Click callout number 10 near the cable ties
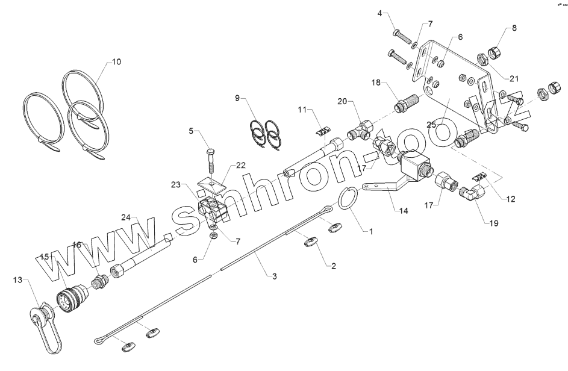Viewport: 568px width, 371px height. point(116,61)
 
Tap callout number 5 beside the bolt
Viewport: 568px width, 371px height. point(192,129)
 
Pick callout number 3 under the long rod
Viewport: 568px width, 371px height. point(274,276)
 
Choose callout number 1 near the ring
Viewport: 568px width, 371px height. point(371,230)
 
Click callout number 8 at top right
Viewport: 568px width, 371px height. point(514,28)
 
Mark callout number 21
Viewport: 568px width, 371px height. point(514,78)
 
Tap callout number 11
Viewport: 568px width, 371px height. point(301,110)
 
